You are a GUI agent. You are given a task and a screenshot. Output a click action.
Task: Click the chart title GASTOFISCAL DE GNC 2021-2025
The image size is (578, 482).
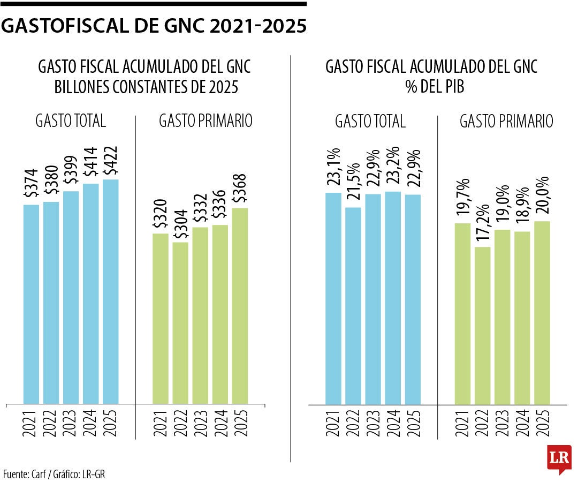click(154, 26)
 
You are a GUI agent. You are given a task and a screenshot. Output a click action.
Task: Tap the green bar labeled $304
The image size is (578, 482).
click(180, 322)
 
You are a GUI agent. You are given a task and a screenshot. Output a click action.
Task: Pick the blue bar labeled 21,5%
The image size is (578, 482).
click(353, 305)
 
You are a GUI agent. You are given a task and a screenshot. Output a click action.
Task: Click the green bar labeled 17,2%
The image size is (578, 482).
click(483, 325)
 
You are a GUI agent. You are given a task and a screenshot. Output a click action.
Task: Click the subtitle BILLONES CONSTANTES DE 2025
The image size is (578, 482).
click(146, 87)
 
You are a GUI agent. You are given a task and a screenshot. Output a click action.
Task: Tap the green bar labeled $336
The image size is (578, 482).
click(220, 314)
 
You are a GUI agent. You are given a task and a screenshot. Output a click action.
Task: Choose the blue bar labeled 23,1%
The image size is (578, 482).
click(333, 298)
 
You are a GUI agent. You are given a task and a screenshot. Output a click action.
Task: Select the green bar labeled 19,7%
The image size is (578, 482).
click(463, 313)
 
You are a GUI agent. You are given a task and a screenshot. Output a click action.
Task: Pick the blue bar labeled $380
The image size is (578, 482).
click(51, 302)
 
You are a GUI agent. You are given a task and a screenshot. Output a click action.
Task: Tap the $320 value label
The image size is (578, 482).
click(161, 214)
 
